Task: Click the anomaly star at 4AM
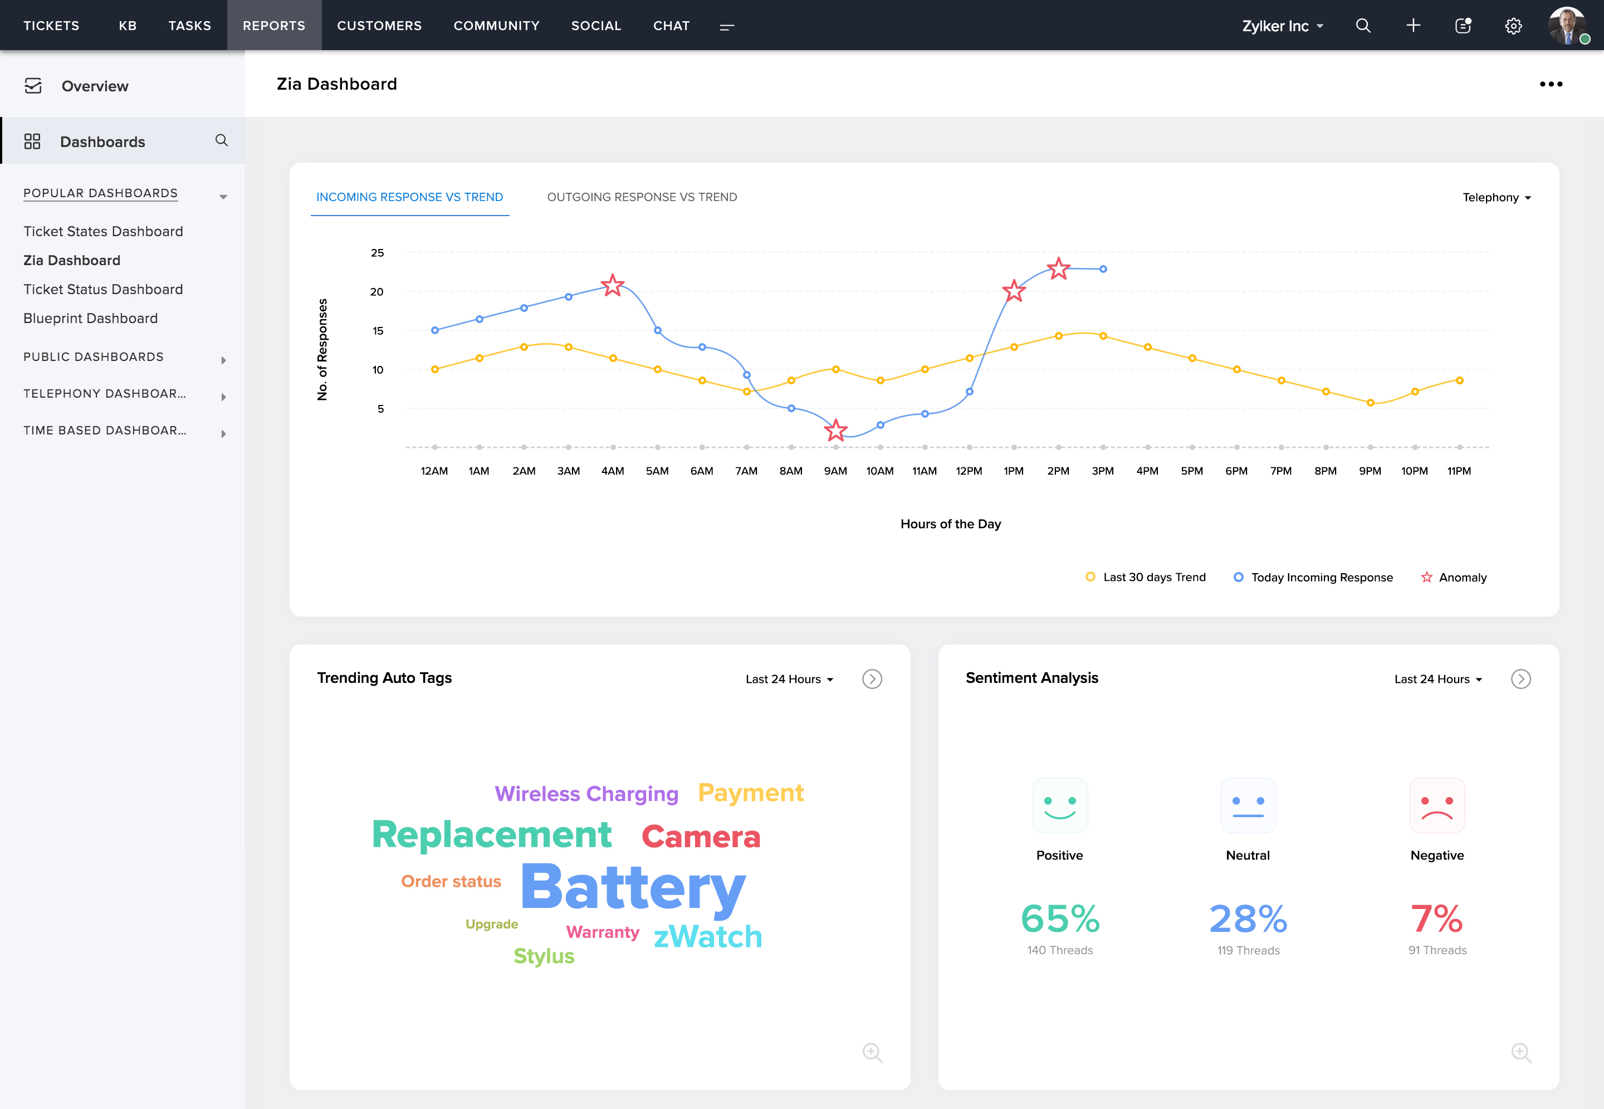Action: click(x=612, y=285)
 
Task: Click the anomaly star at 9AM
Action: click(x=835, y=430)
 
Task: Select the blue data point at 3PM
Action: click(x=1103, y=269)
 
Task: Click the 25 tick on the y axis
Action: click(x=377, y=253)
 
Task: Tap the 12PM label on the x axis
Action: click(x=969, y=471)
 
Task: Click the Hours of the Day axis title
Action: click(x=950, y=524)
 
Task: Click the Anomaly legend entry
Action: click(x=1454, y=578)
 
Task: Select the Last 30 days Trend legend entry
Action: click(x=1146, y=578)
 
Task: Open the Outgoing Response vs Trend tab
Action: click(x=642, y=197)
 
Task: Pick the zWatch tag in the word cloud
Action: click(x=708, y=937)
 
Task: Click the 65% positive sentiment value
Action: click(x=1060, y=919)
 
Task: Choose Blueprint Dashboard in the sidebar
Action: click(x=90, y=318)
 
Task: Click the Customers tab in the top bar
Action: click(x=379, y=26)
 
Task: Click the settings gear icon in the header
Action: click(x=1513, y=26)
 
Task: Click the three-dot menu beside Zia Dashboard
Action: click(x=1551, y=84)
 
